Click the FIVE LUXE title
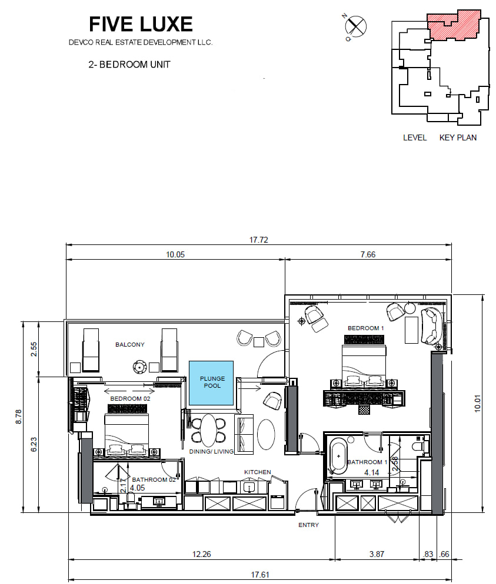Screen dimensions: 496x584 (141, 24)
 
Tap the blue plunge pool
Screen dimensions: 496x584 (211, 383)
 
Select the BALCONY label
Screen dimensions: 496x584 (130, 344)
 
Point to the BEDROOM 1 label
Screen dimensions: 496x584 (365, 328)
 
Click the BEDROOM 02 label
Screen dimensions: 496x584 (130, 398)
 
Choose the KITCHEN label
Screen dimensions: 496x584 (257, 472)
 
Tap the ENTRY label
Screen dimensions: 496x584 (308, 525)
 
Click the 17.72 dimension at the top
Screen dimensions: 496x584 (258, 240)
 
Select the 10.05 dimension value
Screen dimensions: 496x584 (175, 255)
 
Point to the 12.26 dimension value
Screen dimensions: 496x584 (201, 554)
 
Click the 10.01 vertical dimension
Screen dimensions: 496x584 (478, 404)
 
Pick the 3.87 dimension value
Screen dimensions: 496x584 (377, 554)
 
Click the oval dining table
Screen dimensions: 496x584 (208, 430)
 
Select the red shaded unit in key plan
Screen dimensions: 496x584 (454, 25)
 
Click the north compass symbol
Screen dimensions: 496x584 (355, 26)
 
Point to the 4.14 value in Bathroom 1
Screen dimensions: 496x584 (371, 472)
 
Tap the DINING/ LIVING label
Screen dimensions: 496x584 (211, 451)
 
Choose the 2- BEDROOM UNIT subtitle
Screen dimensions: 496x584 (129, 65)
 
